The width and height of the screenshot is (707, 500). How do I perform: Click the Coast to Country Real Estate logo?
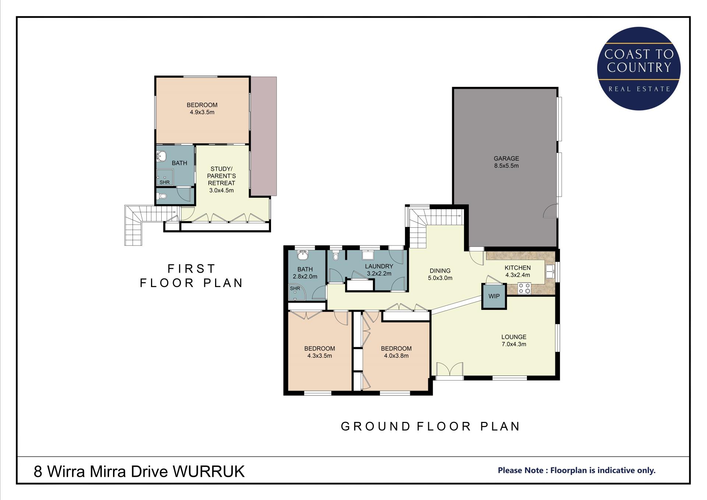[639, 69]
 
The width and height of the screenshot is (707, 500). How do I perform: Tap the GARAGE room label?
[506, 158]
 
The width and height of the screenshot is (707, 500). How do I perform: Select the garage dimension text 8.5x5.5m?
[506, 166]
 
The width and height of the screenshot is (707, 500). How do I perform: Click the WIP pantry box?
[494, 296]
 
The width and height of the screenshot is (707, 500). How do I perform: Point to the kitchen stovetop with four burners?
[524, 288]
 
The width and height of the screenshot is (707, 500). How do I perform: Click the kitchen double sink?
[550, 272]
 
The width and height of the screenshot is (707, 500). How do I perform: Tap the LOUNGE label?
[514, 337]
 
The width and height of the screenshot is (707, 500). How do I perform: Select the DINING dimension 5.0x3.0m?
[440, 278]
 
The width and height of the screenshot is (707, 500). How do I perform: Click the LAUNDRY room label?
[379, 266]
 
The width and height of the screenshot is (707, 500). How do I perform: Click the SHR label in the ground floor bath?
[295, 289]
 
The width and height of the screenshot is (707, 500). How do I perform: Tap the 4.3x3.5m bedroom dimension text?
[320, 356]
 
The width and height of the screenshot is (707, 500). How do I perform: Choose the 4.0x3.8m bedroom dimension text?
[396, 356]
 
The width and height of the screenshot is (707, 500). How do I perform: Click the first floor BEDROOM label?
[202, 105]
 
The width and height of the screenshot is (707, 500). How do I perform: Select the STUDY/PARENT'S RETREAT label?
[221, 176]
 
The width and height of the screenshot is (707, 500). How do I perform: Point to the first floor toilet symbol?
[162, 196]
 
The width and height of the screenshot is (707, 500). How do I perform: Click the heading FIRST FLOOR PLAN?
[191, 276]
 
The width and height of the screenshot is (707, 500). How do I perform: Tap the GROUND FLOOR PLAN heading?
[430, 426]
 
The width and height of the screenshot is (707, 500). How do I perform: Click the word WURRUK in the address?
[208, 471]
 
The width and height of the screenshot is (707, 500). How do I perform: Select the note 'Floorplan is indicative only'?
[603, 471]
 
